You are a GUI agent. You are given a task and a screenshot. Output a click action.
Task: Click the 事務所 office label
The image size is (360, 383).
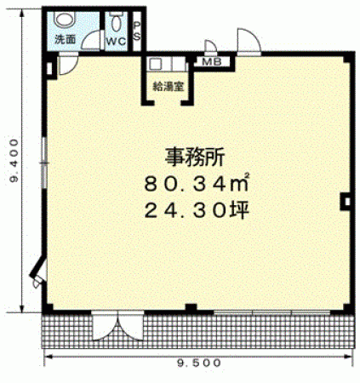coord(195,157)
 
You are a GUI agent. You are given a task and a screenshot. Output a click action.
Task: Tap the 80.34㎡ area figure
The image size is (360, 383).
coord(197,183)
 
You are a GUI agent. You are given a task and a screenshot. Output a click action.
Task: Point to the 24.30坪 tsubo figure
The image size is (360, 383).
coord(197,210)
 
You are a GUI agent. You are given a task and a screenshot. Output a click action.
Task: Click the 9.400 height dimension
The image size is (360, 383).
coord(14,160)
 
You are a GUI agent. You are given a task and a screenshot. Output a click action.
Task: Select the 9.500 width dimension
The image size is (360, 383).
coord(199,363)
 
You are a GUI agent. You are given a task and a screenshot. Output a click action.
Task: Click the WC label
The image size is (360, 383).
coord(116,42)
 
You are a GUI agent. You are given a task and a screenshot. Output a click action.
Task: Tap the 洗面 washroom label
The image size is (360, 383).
coord(66,39)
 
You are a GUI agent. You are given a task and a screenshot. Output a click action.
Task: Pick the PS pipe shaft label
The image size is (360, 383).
coord(137,31)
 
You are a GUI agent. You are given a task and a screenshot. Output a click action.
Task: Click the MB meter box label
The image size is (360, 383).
coord(211,62)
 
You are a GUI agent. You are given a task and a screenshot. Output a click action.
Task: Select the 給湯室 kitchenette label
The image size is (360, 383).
coord(169,86)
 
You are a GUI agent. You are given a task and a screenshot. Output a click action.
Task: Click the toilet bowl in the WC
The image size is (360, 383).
coord(115,22)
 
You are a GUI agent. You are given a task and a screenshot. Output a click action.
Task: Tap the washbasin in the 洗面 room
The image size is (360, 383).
coord(65,19)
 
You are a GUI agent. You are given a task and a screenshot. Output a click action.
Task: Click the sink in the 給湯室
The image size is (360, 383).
coord(155,64)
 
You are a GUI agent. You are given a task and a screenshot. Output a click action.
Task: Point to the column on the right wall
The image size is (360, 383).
coord(346,202)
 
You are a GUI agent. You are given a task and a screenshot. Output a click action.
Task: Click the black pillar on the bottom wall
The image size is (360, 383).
coord(191,308)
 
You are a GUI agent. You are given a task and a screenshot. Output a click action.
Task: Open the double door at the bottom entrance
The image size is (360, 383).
coord(117,325)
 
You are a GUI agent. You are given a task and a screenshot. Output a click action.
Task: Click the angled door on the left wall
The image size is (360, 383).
coord(38,272)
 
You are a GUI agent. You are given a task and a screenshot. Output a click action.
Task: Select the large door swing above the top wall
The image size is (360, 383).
coord(249,40)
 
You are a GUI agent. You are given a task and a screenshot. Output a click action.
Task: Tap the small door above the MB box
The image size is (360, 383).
coord(210,46)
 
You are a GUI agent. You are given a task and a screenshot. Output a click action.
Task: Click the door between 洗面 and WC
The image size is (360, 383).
coord(92,40)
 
